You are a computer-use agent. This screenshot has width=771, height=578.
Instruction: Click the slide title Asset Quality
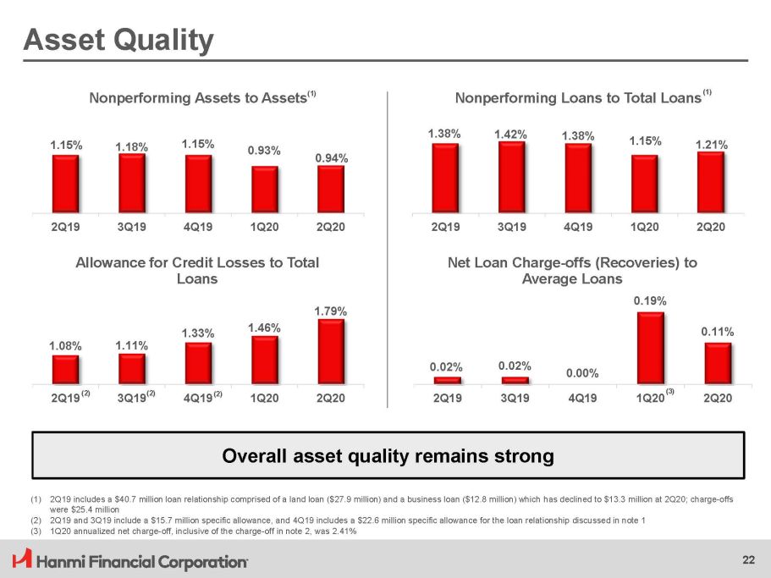pyautogui.click(x=118, y=39)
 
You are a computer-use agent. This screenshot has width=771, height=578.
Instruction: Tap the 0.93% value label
pyautogui.click(x=264, y=151)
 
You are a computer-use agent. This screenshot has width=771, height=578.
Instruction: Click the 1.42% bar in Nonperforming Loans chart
pyautogui.click(x=511, y=176)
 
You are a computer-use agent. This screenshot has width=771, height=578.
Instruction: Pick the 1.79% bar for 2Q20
pyautogui.click(x=331, y=351)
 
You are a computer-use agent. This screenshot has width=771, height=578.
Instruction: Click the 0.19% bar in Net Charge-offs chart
pyautogui.click(x=650, y=348)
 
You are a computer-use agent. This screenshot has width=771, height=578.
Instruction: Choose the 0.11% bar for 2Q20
pyautogui.click(x=717, y=362)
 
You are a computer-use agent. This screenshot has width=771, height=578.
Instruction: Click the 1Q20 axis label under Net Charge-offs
pyautogui.click(x=648, y=398)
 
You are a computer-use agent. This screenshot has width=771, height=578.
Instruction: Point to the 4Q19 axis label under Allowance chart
pyautogui.click(x=197, y=398)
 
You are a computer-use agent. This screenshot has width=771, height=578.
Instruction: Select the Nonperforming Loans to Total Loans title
pyautogui.click(x=578, y=99)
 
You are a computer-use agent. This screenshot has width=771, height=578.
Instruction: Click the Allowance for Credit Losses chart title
pyautogui.click(x=197, y=270)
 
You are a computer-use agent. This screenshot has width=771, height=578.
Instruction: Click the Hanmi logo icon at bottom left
pyautogui.click(x=20, y=559)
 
